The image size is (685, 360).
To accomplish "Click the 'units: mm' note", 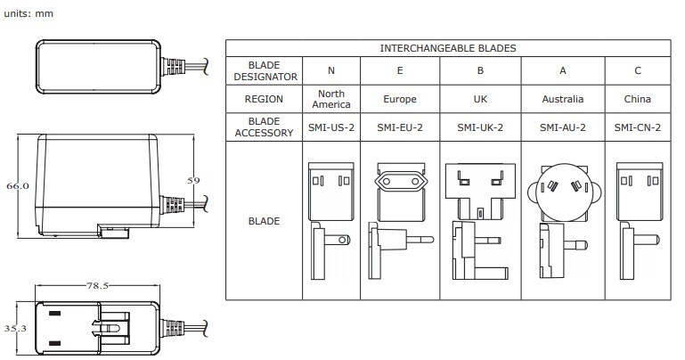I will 31,14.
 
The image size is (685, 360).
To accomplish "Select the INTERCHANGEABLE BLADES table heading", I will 448,48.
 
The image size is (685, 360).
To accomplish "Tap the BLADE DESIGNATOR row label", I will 265,70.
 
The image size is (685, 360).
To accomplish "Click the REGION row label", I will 265,100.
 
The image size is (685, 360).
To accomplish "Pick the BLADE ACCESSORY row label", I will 265,127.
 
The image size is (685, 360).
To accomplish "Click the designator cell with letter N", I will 331,70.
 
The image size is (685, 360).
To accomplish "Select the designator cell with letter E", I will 400,70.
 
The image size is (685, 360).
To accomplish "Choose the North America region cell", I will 331,100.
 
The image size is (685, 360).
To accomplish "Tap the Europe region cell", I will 400,100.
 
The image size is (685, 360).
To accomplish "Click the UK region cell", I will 481,100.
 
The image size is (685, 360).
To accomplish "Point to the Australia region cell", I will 563,100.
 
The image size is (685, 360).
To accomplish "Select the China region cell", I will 638,100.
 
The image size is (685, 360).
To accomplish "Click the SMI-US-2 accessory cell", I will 331,127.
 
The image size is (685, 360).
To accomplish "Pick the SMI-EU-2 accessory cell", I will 400,127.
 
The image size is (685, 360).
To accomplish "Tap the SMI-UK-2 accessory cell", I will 481,127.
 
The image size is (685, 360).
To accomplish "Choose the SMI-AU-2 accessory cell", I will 563,127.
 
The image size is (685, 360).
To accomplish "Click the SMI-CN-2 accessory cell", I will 638,127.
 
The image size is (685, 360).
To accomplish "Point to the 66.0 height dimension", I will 19,186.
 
